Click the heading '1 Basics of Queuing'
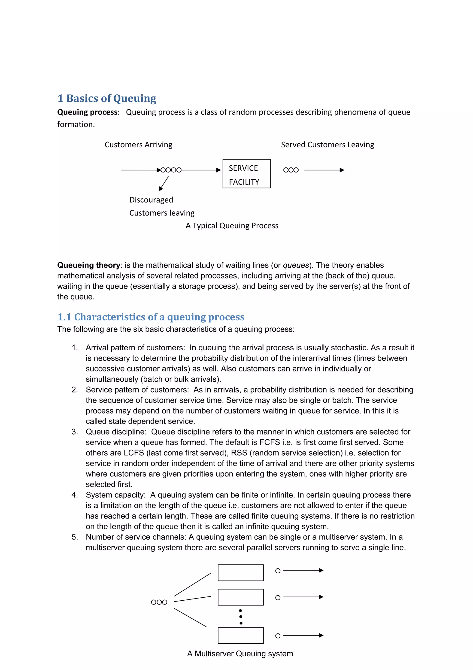coord(107,98)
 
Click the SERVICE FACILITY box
coord(247,174)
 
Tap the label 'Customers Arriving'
coord(138,145)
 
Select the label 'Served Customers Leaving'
coord(327,145)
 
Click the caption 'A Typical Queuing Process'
coord(232,225)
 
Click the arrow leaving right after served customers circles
coord(324,170)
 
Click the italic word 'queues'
coord(296,265)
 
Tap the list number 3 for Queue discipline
coord(75,432)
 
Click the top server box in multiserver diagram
coord(241,573)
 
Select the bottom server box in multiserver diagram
coord(241,635)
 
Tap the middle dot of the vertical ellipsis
coord(241,617)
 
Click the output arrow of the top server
coord(303,570)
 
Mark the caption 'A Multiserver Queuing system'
coord(240,653)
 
